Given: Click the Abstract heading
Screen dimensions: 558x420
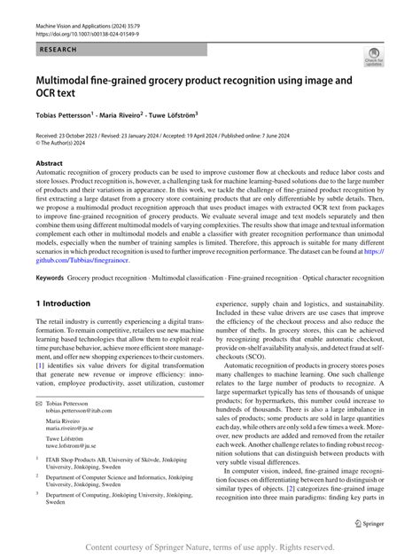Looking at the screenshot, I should [x=49, y=164].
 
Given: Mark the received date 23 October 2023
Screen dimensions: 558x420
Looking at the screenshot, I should [x=82, y=135].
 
